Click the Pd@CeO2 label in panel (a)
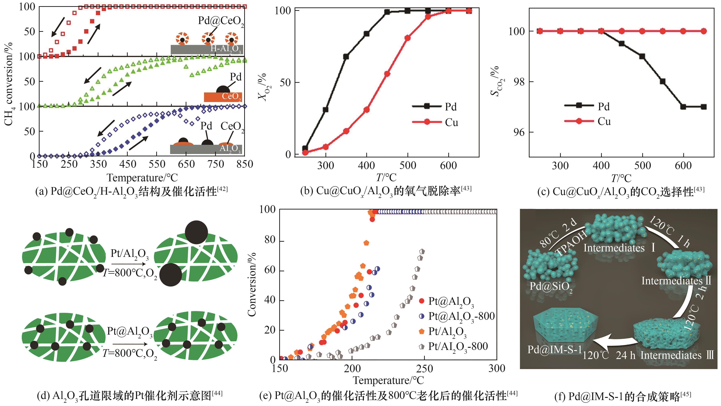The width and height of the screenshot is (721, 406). click(221, 21)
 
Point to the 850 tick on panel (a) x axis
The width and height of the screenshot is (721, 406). click(245, 164)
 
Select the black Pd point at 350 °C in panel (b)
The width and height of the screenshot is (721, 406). click(346, 57)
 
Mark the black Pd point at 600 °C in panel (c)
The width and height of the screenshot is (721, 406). click(683, 107)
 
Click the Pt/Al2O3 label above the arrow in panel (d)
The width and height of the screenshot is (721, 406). click(129, 254)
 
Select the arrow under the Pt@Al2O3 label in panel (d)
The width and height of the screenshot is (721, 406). click(130, 344)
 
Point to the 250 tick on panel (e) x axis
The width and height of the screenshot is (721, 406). click(425, 368)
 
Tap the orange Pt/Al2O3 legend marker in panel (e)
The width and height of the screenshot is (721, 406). click(422, 332)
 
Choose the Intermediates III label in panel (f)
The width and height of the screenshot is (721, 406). click(677, 355)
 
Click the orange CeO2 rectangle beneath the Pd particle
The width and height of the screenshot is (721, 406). click(223, 97)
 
